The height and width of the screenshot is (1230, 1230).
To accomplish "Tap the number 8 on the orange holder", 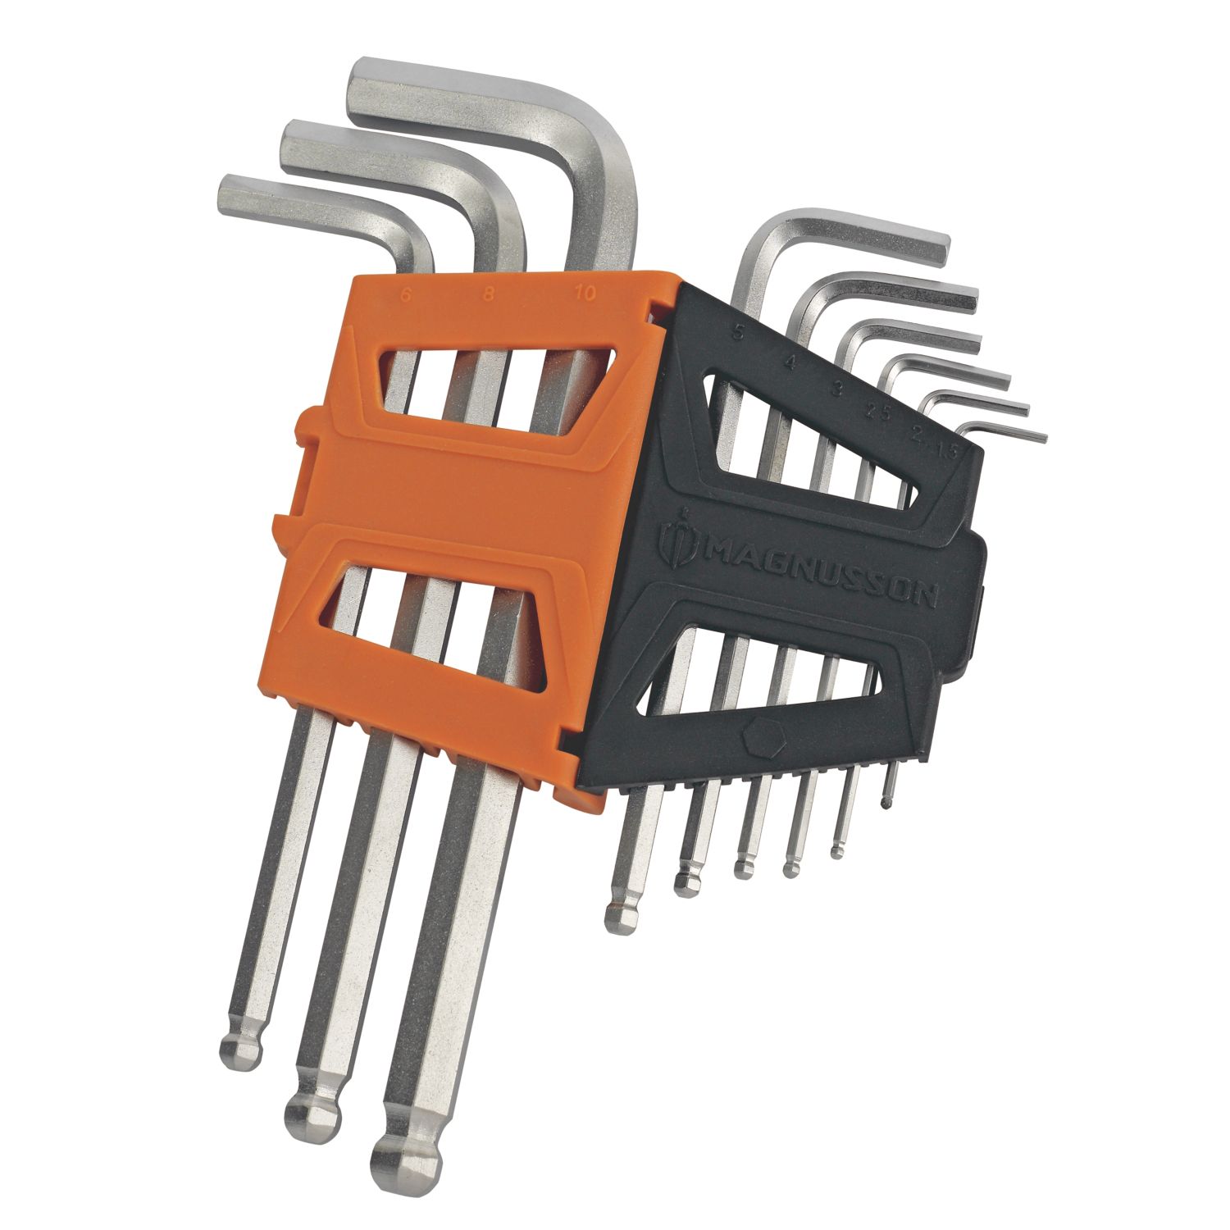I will [x=489, y=294].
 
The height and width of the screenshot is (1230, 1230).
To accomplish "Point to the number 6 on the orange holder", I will [x=406, y=294].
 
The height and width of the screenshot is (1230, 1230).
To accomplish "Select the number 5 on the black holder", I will [x=740, y=334].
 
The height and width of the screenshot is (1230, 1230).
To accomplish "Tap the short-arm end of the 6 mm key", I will [x=235, y=195].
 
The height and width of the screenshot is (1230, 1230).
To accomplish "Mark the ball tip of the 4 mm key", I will [x=687, y=880].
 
